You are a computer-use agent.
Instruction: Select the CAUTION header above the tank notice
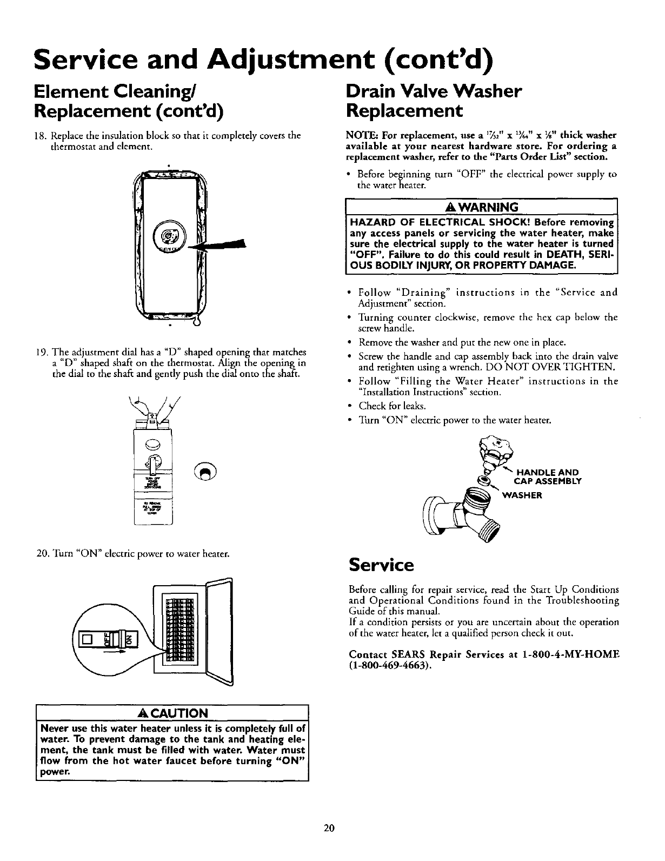(x=171, y=712)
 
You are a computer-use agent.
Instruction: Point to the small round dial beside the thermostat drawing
(x=208, y=472)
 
